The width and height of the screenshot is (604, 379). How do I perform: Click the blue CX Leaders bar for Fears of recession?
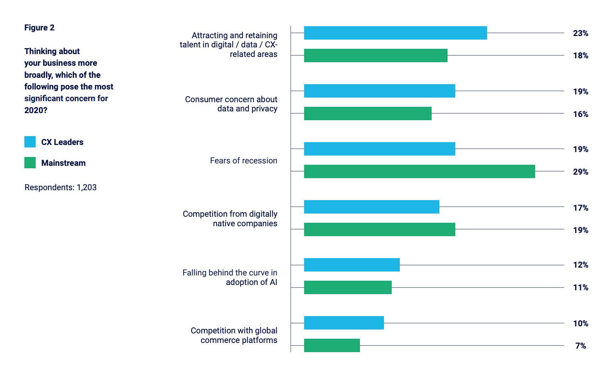(x=379, y=149)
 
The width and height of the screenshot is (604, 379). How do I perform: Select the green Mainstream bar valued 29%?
(x=419, y=171)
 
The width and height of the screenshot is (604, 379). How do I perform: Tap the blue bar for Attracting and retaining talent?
(x=395, y=33)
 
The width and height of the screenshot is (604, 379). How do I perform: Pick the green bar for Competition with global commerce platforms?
(x=332, y=345)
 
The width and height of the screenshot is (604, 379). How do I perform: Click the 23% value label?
(x=580, y=33)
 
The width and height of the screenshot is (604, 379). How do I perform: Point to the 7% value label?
(x=580, y=346)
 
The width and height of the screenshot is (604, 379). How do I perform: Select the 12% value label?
(x=580, y=265)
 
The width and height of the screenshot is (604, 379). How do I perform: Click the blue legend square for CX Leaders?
(x=30, y=142)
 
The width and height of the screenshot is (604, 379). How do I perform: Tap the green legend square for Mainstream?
(x=30, y=163)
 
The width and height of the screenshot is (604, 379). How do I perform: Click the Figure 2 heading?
(x=39, y=28)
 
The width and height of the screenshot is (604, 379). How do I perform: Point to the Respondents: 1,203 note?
(x=60, y=187)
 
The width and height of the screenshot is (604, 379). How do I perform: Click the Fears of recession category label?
(x=243, y=161)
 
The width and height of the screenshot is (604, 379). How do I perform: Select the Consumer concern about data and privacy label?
(x=231, y=104)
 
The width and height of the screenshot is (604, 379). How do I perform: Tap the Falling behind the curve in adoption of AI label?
(x=230, y=277)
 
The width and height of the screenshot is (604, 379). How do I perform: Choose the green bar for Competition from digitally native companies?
(x=379, y=229)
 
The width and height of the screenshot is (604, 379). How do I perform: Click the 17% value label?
(x=580, y=208)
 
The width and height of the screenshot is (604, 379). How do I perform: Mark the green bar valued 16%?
(x=368, y=113)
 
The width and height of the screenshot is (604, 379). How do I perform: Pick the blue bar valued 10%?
(x=344, y=323)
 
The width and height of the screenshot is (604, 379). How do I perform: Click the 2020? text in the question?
(x=36, y=110)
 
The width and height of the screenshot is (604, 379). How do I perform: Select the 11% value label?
(x=580, y=287)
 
